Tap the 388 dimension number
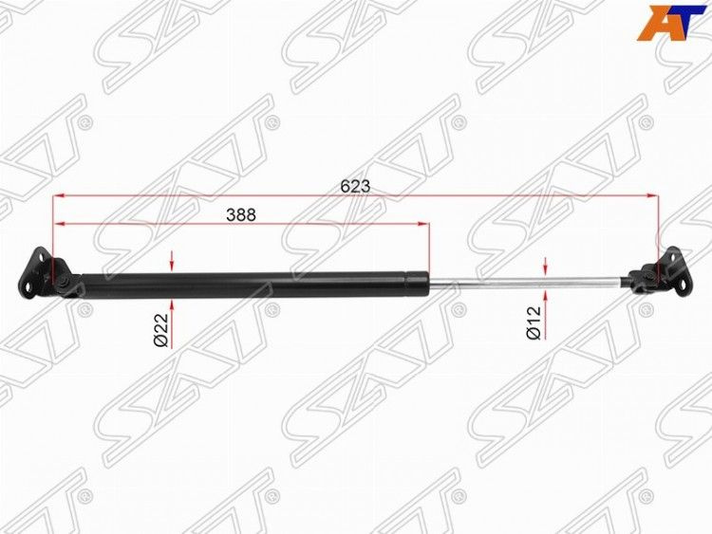[x=241, y=215]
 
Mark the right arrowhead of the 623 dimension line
[x=652, y=196]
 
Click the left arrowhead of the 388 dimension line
[x=59, y=224]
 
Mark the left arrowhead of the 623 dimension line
[x=59, y=196]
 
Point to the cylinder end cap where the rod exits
[x=418, y=281]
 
